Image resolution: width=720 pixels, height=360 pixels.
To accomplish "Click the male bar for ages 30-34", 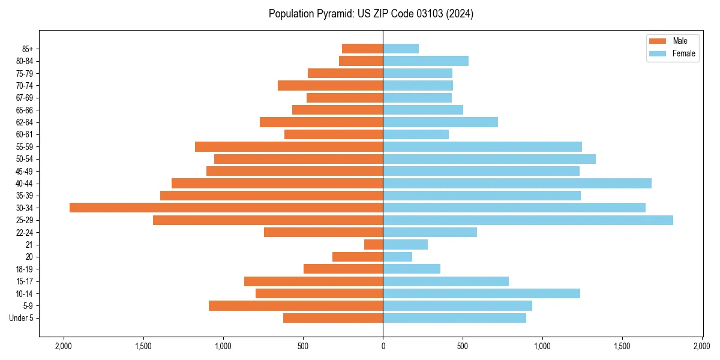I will pos(226,208).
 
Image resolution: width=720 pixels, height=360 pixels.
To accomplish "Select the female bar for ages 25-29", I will pos(528,220).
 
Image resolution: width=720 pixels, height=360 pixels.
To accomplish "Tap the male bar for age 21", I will pos(373,245).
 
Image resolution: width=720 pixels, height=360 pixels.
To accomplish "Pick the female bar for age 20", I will pos(397,257).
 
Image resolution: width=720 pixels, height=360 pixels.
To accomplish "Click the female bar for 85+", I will pos(401,49).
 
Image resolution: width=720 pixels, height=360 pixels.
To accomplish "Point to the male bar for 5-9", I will pos(296,306).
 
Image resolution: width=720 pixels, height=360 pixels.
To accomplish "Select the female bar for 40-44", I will pos(517,184).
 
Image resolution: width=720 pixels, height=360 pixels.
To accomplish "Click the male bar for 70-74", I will pos(330,86).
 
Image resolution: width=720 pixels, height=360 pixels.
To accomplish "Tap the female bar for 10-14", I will pos(481,293).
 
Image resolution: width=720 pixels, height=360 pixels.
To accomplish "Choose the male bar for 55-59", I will pos(289,147).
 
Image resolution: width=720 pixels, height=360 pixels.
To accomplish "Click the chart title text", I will pos(371,14).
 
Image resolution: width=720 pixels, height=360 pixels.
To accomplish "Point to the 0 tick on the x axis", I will pos(383,346).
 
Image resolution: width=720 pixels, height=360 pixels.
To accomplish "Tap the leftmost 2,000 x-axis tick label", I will pos(63,346).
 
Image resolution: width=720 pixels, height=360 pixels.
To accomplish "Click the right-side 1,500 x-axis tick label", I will pos(622,346).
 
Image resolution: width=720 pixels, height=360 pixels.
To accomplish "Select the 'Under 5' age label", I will pos(21,318).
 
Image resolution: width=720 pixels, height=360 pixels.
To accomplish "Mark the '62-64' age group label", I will pos(24,122).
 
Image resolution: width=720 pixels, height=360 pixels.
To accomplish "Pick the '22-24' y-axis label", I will pos(24,233).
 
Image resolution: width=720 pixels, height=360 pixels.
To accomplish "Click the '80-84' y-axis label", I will pos(24,61).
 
